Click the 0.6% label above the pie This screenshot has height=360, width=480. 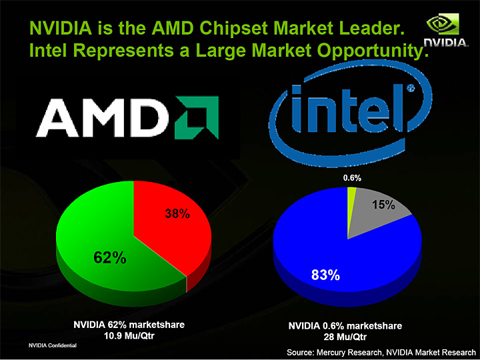[352, 178]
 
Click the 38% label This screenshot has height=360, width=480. [177, 214]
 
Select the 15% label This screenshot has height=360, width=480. [384, 206]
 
